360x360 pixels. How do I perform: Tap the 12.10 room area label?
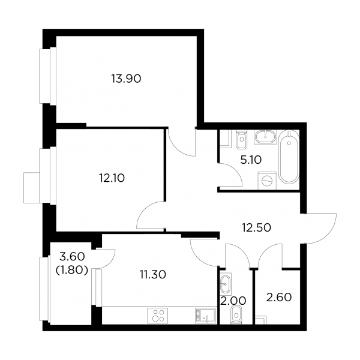[x=112, y=178]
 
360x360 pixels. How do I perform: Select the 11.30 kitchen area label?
[x=153, y=274]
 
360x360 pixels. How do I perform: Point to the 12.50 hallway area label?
[x=256, y=227]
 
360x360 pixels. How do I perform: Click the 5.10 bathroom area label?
[x=251, y=160]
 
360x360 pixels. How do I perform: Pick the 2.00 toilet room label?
[x=233, y=301]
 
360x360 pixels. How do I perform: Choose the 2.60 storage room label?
[x=279, y=297]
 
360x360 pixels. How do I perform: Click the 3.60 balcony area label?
[x=72, y=256]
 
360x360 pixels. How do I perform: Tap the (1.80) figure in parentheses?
[x=72, y=271]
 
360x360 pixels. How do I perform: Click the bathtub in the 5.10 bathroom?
[x=289, y=157]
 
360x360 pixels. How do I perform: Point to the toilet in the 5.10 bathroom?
[x=241, y=140]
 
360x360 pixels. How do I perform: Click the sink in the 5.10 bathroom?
[x=266, y=137]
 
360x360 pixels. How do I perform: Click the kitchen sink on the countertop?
[x=205, y=316]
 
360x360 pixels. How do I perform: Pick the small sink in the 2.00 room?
[x=226, y=284]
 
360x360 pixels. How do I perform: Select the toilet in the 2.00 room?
[x=236, y=315]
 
